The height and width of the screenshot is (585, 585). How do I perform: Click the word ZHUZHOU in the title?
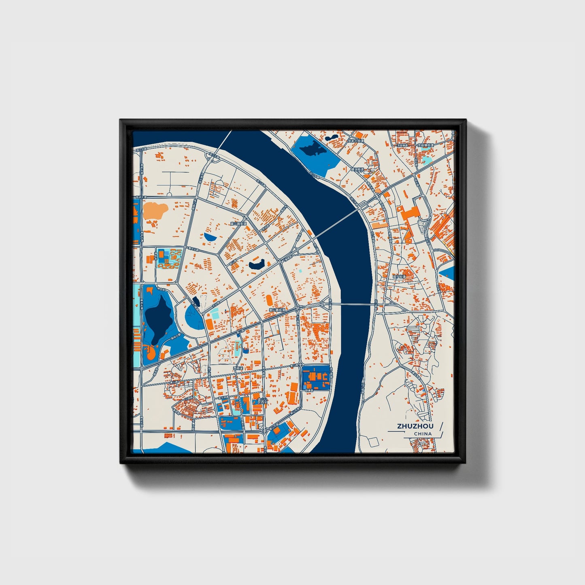pos(415,426)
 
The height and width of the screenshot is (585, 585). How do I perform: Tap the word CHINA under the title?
pos(423,434)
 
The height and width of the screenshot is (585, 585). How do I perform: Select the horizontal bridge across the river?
pos(352,304)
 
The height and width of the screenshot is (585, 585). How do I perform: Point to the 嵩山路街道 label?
pos(238,223)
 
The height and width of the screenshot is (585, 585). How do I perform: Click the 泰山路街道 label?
pos(277,310)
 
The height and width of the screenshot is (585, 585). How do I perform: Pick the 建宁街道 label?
pos(399,277)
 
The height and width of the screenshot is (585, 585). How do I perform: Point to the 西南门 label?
pos(238,368)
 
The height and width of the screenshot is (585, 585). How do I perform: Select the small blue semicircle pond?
pos(210,236)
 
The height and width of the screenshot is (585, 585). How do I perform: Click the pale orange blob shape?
pos(155,210)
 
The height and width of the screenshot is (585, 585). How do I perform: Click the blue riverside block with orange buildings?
pos(316,378)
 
